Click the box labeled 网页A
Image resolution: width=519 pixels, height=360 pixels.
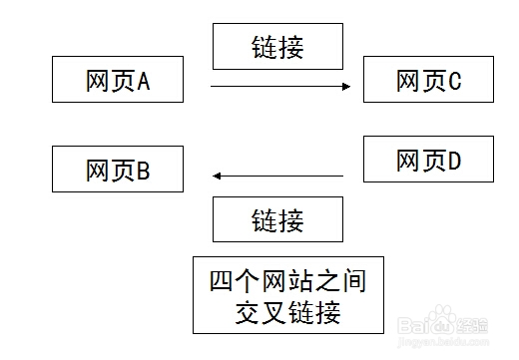coord(118,81)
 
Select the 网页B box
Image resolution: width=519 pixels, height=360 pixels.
coord(118,170)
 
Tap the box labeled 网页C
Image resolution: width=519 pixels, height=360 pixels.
coord(428,81)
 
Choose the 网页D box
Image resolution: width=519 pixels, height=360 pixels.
coord(428,159)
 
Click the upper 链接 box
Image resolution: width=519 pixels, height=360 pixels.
coord(277,45)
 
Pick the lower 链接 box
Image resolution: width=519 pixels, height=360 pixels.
coord(277,219)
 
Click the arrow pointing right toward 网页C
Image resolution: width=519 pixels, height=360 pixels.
coord(279,87)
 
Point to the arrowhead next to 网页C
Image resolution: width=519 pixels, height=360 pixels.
coord(347,87)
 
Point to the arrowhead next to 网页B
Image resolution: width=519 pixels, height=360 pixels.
coord(216,177)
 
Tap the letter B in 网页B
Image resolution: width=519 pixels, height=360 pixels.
coord(143,171)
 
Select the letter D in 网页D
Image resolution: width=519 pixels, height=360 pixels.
coord(454,160)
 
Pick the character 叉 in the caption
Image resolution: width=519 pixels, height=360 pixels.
coord(264,313)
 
